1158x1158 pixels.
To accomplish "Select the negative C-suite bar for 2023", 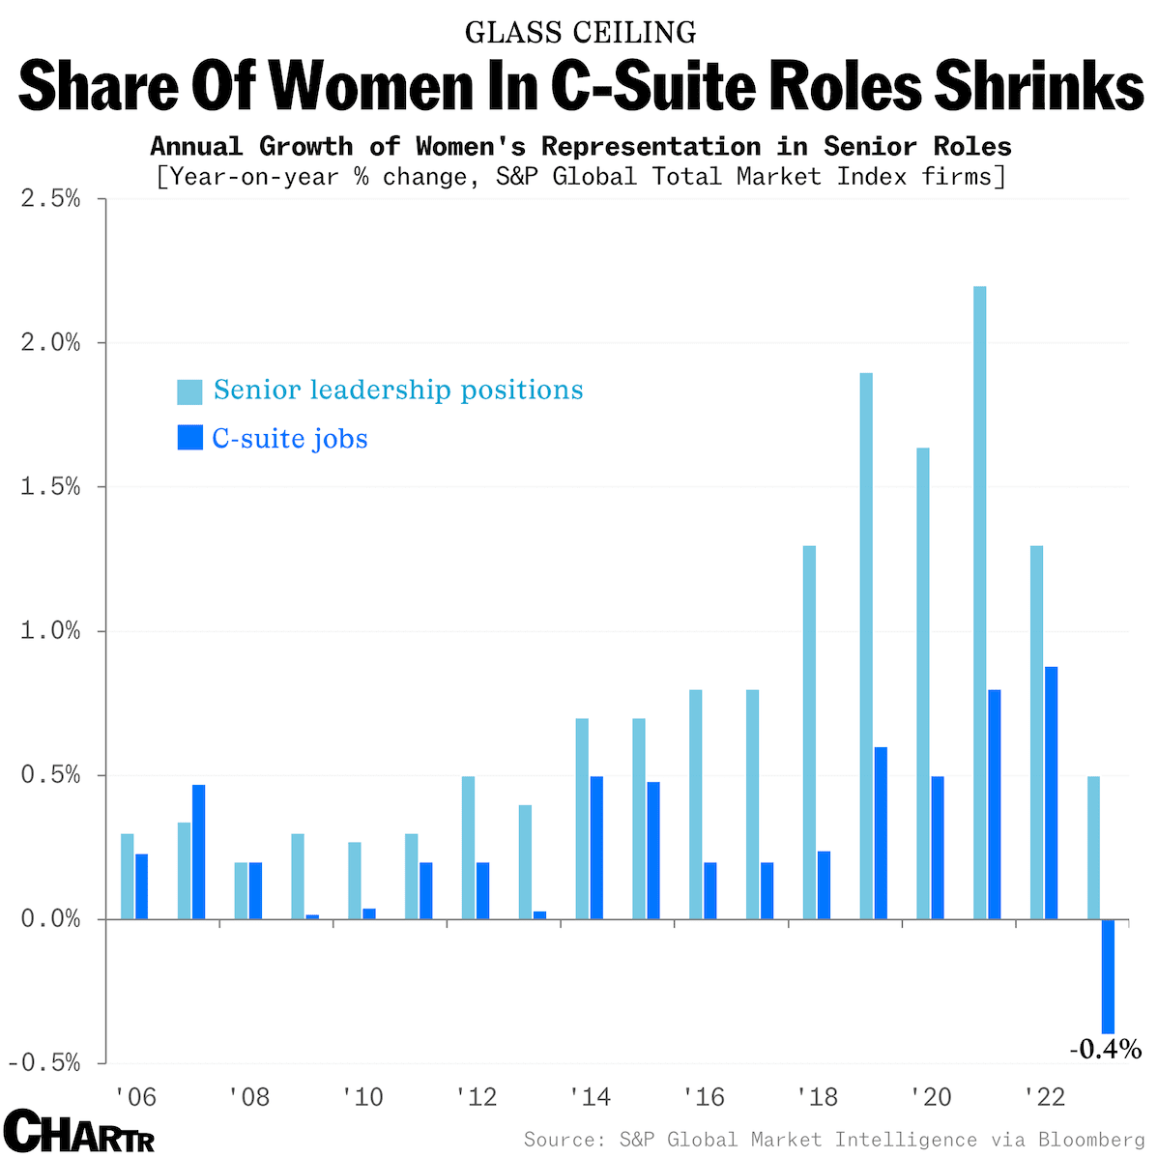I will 1108,976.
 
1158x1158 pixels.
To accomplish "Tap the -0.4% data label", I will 1105,1048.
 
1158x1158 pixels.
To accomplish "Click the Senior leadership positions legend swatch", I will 189,391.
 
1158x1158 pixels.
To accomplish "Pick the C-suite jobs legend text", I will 290,439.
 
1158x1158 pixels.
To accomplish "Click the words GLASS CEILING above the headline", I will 580,32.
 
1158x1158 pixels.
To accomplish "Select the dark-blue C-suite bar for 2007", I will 198,852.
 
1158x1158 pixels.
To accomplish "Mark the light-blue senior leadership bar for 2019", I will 866,646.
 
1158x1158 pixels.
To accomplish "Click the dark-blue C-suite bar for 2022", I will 1051,793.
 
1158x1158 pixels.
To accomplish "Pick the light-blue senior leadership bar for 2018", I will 809,733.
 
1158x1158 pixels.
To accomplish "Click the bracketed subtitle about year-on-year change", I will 580,177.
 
